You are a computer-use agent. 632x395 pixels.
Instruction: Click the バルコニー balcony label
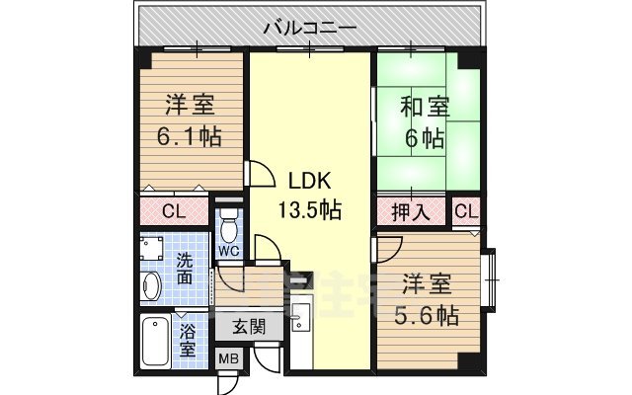click(309, 29)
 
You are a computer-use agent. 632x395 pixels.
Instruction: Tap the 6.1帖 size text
click(190, 135)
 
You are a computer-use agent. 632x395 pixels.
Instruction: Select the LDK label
click(308, 182)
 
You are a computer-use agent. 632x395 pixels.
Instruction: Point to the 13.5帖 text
click(308, 209)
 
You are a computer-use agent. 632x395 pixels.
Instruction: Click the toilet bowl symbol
click(229, 230)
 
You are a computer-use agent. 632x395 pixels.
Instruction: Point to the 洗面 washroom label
click(185, 270)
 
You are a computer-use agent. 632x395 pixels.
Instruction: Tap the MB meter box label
click(228, 360)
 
